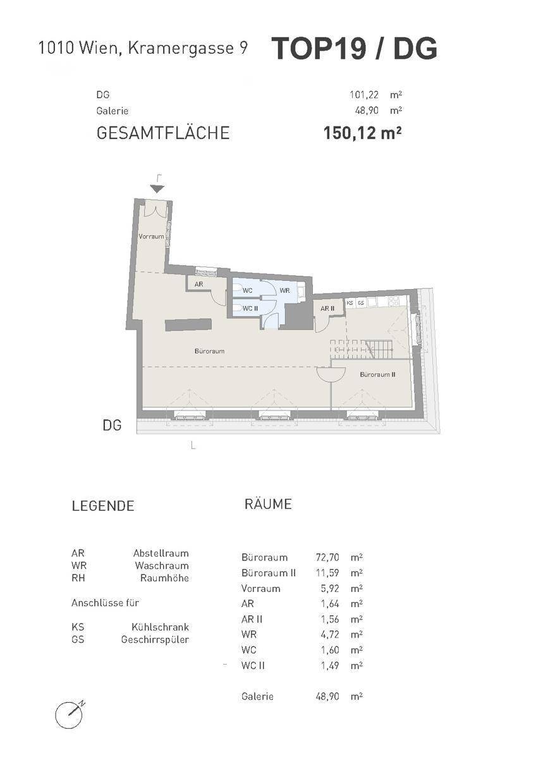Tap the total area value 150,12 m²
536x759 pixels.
tap(362, 133)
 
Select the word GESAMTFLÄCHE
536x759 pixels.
tap(163, 133)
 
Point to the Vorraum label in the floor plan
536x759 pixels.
tap(151, 237)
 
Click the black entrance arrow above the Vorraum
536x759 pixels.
tap(157, 189)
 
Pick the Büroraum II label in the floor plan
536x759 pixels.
tap(377, 374)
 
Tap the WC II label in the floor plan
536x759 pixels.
tap(250, 309)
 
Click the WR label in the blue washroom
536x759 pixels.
tap(285, 291)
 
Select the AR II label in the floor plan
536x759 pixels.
tap(327, 309)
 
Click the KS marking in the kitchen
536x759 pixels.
tap(350, 303)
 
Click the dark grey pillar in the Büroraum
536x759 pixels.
tap(188, 324)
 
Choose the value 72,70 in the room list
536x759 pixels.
tap(327, 557)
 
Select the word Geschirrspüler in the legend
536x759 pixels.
tap(155, 640)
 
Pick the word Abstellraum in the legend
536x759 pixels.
tap(161, 553)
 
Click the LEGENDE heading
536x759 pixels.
tap(103, 506)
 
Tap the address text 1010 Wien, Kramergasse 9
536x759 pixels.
tap(143, 48)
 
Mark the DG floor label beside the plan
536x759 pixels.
tap(112, 425)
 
